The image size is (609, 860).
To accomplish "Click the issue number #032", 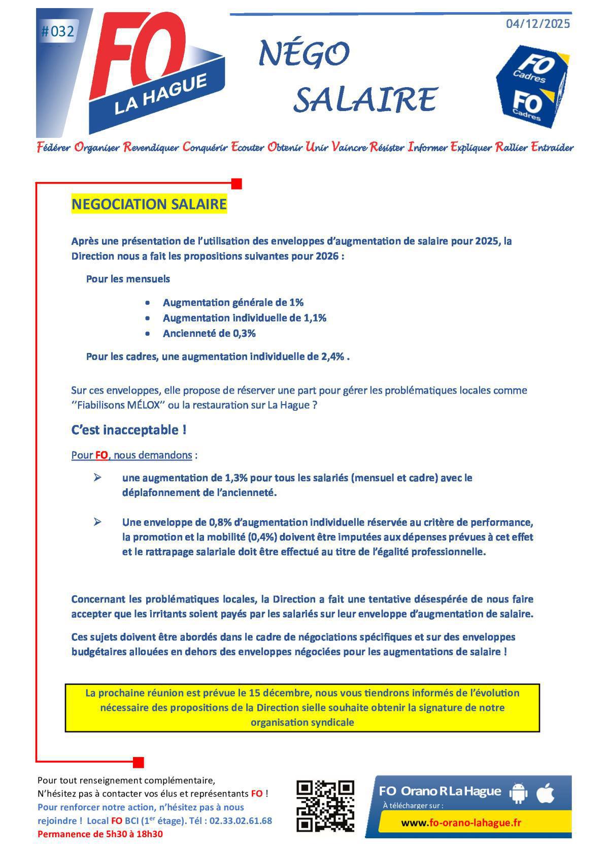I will [57, 32].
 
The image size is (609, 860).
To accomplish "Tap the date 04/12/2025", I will [538, 24].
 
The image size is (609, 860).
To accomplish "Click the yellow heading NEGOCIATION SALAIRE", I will [149, 204].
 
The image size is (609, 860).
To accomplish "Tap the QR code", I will [325, 806].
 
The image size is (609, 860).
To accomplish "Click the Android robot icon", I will [518, 793].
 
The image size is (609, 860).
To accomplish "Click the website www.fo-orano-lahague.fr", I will [461, 823].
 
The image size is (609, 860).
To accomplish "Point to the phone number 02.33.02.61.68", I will [241, 820].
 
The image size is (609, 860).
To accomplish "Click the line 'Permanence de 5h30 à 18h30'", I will [100, 834].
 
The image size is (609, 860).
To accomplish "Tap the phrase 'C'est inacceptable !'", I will [129, 430].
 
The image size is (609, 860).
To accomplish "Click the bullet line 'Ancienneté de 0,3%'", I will [209, 334].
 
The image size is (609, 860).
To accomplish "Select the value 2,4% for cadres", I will [332, 356].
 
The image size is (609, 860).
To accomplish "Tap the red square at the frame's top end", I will [236, 184].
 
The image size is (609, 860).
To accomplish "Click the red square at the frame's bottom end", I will [139, 762].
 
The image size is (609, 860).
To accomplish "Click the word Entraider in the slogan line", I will [552, 148].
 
